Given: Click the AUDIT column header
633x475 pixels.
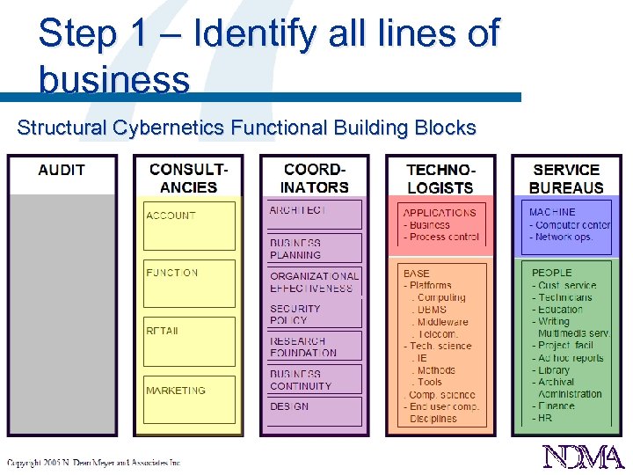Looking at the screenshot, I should pyautogui.click(x=62, y=170).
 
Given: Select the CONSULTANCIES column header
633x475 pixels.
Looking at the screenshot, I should pyautogui.click(x=188, y=178).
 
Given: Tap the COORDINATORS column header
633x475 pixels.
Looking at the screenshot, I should pyautogui.click(x=315, y=178).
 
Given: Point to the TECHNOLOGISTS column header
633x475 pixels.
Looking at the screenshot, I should pyautogui.click(x=440, y=178).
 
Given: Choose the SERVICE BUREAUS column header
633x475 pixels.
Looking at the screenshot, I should pyautogui.click(x=567, y=178).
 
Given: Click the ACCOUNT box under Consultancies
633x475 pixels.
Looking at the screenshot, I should pyautogui.click(x=189, y=226).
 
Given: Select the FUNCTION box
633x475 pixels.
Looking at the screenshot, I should pyautogui.click(x=189, y=283).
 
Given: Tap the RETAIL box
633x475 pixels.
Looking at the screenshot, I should pyautogui.click(x=189, y=341).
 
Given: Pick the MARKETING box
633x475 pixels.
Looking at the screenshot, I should pyautogui.click(x=189, y=399).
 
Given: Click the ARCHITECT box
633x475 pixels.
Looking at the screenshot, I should pyautogui.click(x=315, y=215).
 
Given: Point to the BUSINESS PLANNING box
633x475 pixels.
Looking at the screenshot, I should pyautogui.click(x=315, y=248).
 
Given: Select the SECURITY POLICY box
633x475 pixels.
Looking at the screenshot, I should pyautogui.click(x=315, y=314).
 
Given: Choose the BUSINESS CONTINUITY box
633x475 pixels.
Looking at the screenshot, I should pyautogui.click(x=315, y=380).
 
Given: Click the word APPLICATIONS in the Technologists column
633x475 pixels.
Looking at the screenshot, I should pyautogui.click(x=440, y=213).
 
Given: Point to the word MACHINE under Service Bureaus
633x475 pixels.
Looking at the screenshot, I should pyautogui.click(x=552, y=212).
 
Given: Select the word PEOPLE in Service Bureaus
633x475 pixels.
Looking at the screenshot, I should pyautogui.click(x=551, y=273).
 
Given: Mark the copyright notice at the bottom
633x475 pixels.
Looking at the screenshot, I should pyautogui.click(x=93, y=462).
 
